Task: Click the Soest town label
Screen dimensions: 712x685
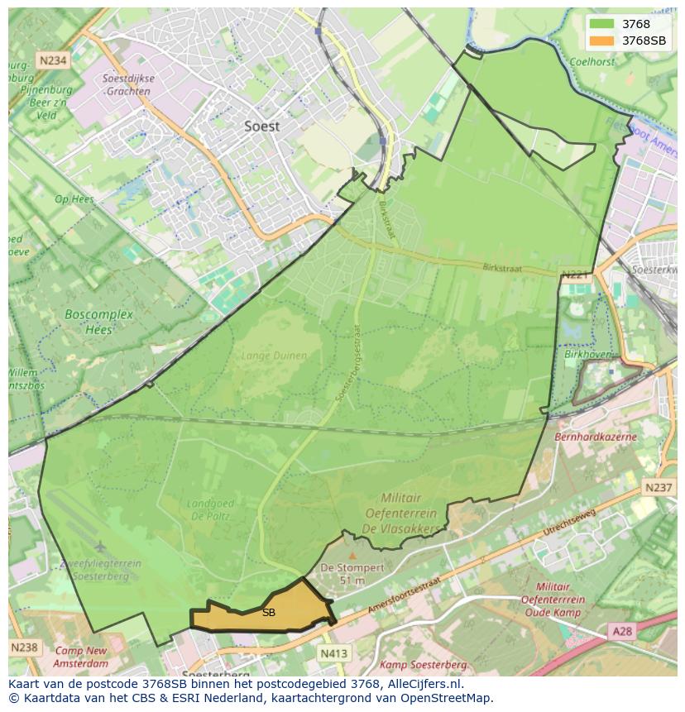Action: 261,127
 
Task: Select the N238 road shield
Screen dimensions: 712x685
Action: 23,647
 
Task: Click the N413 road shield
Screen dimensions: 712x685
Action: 333,653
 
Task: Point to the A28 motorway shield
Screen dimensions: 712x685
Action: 621,631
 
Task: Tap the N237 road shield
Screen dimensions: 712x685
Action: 659,488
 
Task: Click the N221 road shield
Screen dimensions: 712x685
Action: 574,275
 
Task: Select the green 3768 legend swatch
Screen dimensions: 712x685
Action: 602,24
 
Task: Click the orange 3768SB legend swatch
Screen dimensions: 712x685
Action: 602,41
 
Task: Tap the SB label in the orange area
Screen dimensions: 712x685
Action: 268,613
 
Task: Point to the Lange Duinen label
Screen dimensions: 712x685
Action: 273,356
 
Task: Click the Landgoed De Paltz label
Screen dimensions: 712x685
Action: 210,509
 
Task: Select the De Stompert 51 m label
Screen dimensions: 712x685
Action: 352,574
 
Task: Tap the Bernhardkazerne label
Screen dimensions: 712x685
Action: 596,436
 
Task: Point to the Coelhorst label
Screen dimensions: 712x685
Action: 593,61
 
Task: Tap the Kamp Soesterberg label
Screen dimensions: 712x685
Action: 424,665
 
